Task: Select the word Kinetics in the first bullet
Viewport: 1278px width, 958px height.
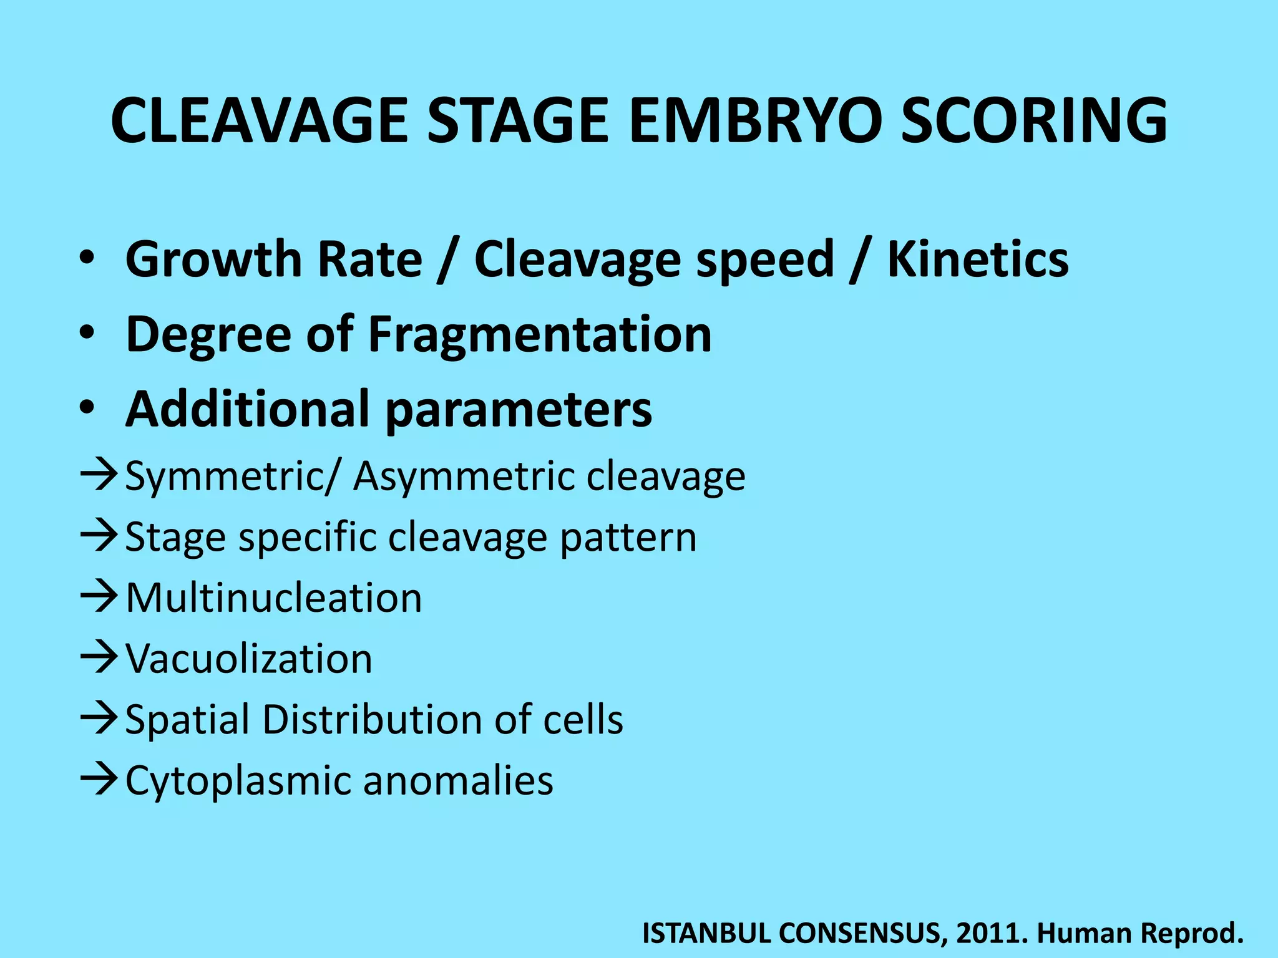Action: click(x=978, y=259)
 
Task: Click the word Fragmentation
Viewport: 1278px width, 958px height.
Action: click(x=540, y=335)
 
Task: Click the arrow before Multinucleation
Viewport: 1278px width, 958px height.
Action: click(x=99, y=596)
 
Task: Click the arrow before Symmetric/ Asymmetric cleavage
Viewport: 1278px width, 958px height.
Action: click(x=99, y=475)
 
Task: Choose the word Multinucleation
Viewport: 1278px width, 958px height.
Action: click(x=274, y=598)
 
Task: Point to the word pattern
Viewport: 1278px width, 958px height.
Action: click(x=628, y=538)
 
